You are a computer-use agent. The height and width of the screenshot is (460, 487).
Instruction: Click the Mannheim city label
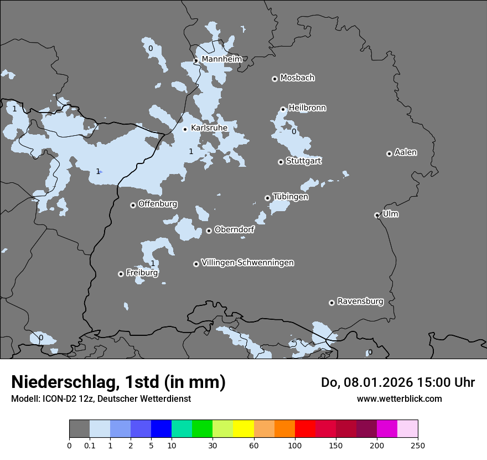(221, 59)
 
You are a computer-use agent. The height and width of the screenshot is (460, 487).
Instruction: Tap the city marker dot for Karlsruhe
(185, 129)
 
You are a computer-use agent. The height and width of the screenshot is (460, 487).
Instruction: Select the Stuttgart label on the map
(303, 161)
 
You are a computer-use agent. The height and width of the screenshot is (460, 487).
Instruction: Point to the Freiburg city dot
(121, 274)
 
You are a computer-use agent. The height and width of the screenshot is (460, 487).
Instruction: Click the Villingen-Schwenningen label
(247, 263)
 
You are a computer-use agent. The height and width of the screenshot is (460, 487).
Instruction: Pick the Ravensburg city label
(360, 301)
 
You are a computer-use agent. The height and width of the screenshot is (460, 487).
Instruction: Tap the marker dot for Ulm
(377, 215)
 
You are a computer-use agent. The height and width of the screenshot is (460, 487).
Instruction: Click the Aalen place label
(406, 152)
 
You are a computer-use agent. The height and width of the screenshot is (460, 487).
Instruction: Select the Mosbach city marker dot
(274, 79)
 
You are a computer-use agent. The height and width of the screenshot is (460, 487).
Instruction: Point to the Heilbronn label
(307, 108)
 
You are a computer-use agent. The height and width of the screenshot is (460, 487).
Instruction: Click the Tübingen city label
(291, 197)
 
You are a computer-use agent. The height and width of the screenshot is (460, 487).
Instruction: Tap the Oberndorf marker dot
(209, 231)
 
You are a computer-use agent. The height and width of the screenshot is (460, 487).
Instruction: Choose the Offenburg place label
(158, 204)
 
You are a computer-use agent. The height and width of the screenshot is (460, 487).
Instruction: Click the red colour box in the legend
(305, 429)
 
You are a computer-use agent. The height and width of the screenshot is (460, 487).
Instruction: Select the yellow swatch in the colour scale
(243, 429)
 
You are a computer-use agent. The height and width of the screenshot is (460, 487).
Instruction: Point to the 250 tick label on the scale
(418, 445)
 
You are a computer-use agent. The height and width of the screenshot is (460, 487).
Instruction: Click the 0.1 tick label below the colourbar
(90, 445)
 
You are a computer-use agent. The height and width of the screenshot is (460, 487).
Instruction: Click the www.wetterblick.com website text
(399, 398)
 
